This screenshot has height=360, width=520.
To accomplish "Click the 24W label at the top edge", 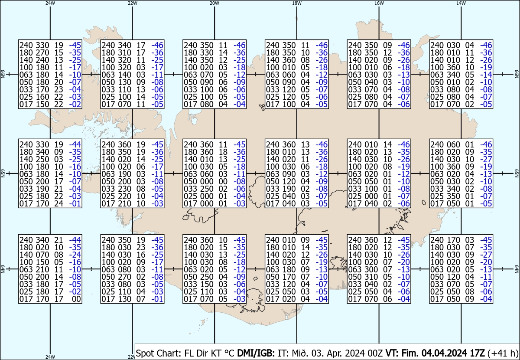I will (50, 3).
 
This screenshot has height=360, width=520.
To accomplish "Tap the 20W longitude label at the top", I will (214, 3).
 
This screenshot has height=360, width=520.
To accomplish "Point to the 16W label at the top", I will (379, 3).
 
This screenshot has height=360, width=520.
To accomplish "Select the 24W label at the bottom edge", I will (50, 357).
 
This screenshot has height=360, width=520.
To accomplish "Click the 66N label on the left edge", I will (3, 75).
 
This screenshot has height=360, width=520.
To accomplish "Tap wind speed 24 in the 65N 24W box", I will (59, 203).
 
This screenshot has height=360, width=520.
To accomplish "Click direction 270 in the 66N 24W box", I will (42, 52).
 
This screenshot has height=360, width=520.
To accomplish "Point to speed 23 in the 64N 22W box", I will (141, 248).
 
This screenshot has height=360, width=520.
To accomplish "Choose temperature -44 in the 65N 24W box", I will (75, 144).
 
